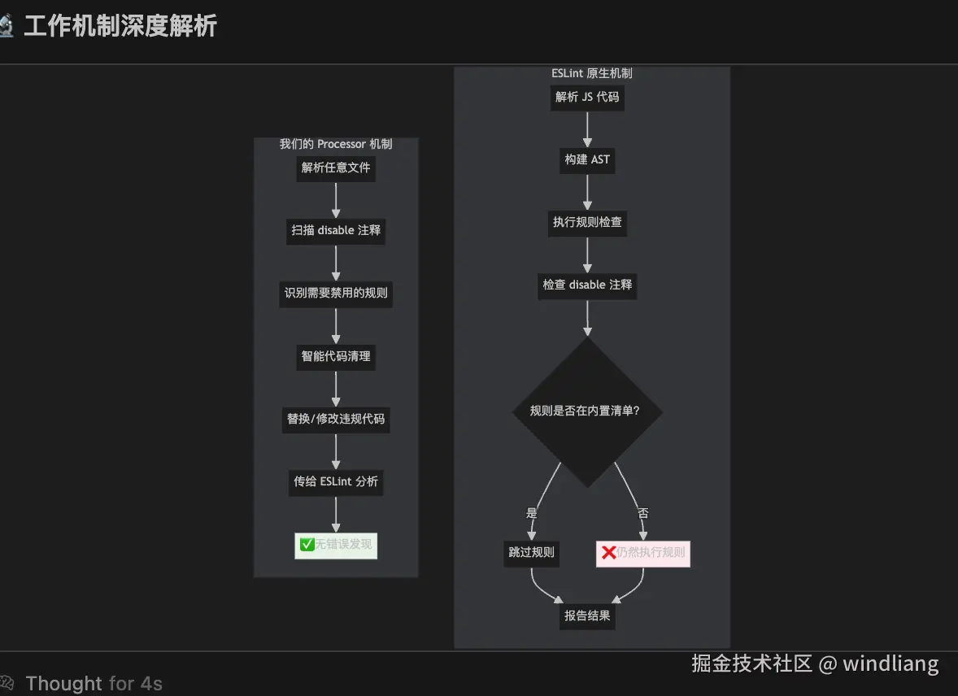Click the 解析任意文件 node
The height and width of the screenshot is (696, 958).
point(336,167)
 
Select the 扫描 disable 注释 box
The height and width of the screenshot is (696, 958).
point(336,230)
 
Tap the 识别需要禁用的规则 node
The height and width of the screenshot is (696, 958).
point(336,293)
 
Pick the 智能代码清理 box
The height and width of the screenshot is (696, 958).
point(336,356)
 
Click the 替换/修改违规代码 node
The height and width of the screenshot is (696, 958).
point(336,419)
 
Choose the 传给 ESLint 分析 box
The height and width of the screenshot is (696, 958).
point(336,481)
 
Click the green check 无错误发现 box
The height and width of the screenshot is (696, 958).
point(336,545)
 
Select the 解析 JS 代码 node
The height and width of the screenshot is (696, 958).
point(587,97)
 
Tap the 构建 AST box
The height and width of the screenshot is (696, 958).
point(587,159)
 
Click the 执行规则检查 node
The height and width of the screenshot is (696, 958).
point(587,222)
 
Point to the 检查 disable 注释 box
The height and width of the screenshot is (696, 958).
point(587,285)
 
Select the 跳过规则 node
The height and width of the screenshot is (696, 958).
point(531,553)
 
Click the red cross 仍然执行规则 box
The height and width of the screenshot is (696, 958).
point(642,553)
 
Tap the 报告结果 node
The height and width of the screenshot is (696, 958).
point(587,616)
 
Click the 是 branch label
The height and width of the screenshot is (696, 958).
point(532,513)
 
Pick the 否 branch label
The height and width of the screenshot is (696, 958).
point(643,513)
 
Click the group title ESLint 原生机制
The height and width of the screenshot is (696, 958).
point(591,73)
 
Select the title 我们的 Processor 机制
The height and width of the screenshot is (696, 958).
point(336,144)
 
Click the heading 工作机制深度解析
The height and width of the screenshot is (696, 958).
point(120,26)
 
